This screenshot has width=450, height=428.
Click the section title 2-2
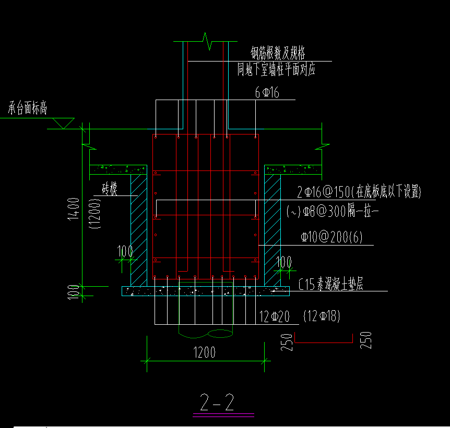(217, 402)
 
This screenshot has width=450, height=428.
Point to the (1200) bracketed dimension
(95, 214)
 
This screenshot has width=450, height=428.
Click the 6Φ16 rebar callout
(267, 93)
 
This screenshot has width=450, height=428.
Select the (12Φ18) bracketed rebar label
(321, 316)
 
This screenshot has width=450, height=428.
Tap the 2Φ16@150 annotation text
(359, 192)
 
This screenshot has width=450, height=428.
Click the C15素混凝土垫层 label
(331, 285)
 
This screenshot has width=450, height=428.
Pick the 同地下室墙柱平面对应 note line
(276, 69)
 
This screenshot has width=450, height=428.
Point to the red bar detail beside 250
(324, 339)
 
